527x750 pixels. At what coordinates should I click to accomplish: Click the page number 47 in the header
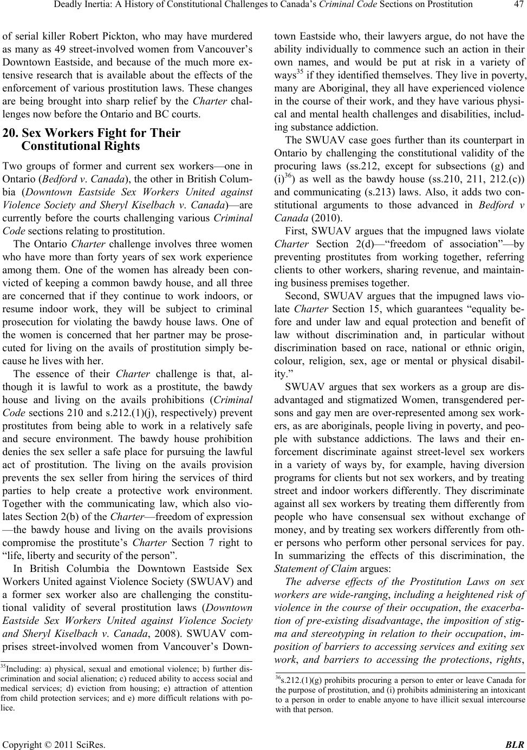[x=516, y=6]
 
